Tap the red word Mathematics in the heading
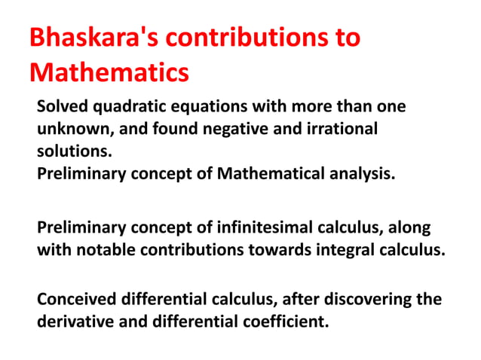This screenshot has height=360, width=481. click(x=109, y=73)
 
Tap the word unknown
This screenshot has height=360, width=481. click(x=71, y=129)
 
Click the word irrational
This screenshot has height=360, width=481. click(x=310, y=129)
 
